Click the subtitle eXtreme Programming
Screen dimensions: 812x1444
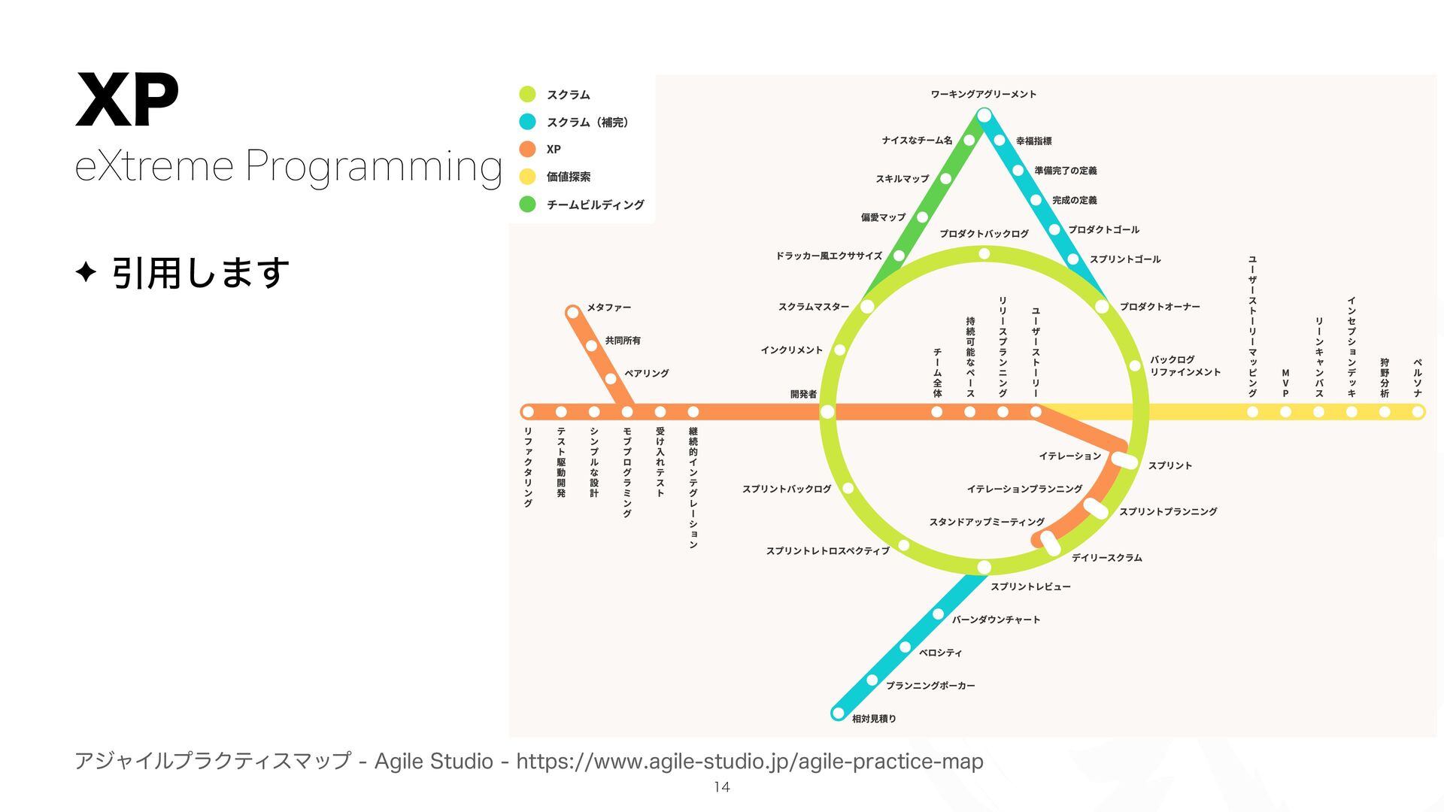(288, 166)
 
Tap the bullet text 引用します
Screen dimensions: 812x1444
(200, 272)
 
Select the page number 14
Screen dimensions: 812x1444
(722, 787)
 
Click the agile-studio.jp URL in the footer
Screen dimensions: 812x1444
(749, 762)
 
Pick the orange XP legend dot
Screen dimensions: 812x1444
(527, 149)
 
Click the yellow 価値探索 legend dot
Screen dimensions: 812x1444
(527, 177)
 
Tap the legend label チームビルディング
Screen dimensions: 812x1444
(595, 205)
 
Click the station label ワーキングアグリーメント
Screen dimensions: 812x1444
(983, 94)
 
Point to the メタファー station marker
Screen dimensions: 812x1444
(573, 311)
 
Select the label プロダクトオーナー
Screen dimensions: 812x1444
(1159, 307)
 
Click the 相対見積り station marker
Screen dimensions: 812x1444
(839, 713)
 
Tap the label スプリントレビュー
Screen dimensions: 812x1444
(1030, 586)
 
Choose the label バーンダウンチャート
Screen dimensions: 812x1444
(996, 620)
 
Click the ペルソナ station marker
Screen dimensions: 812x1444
(1418, 412)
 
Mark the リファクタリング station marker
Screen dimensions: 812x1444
(528, 412)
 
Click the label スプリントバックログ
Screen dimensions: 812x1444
(787, 489)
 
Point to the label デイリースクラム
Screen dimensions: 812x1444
(1106, 558)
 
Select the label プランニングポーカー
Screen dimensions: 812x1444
(930, 686)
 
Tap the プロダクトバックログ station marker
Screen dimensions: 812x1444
(984, 254)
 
